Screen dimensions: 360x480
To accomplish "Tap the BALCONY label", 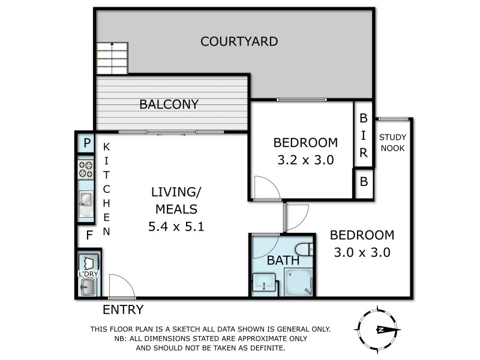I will [169, 104].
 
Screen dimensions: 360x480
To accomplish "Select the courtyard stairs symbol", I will [112, 58].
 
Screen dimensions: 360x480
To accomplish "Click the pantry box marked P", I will [87, 143].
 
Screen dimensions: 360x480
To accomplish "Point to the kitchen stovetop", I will [86, 170].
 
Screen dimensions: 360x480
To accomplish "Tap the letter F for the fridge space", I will [89, 235].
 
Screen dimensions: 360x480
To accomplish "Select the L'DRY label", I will [88, 274].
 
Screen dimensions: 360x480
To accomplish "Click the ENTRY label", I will [123, 310].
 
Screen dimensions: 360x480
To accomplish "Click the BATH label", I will [283, 260].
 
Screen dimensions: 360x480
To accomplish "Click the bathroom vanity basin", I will [263, 283].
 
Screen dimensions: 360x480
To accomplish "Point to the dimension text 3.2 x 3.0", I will [305, 160].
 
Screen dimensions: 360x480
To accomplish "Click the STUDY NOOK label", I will [392, 143].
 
